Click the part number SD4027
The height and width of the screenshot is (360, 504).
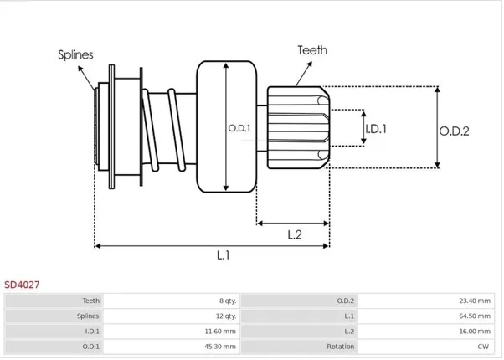pyautogui.click(x=22, y=285)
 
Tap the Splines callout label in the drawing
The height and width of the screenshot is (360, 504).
pyautogui.click(x=75, y=55)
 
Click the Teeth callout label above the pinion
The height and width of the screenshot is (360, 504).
pyautogui.click(x=312, y=50)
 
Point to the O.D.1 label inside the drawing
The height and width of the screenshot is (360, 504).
pyautogui.click(x=239, y=128)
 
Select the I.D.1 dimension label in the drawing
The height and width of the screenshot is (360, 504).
pyautogui.click(x=376, y=129)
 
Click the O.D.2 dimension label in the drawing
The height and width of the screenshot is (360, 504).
pyautogui.click(x=454, y=131)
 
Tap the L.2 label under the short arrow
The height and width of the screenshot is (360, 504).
pyautogui.click(x=295, y=235)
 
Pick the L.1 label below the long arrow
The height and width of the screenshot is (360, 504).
pyautogui.click(x=223, y=255)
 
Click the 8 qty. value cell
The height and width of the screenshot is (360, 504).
pyautogui.click(x=228, y=301)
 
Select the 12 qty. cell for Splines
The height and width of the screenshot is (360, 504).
pyautogui.click(x=226, y=316)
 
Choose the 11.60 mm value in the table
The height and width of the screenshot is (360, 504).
pyautogui.click(x=220, y=331)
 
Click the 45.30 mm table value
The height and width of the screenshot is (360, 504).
pyautogui.click(x=220, y=347)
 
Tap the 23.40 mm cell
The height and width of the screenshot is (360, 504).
pyautogui.click(x=475, y=301)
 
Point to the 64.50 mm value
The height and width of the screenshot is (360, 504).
pyautogui.click(x=475, y=316)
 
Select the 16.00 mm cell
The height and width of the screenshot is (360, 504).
pyautogui.click(x=475, y=331)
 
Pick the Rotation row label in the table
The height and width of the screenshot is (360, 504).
pyautogui.click(x=341, y=347)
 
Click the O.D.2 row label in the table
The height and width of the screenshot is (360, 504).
pyautogui.click(x=346, y=301)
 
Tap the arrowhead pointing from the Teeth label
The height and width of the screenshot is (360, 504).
pyautogui.click(x=310, y=64)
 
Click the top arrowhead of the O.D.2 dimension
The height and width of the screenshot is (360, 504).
pyautogui.click(x=437, y=89)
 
